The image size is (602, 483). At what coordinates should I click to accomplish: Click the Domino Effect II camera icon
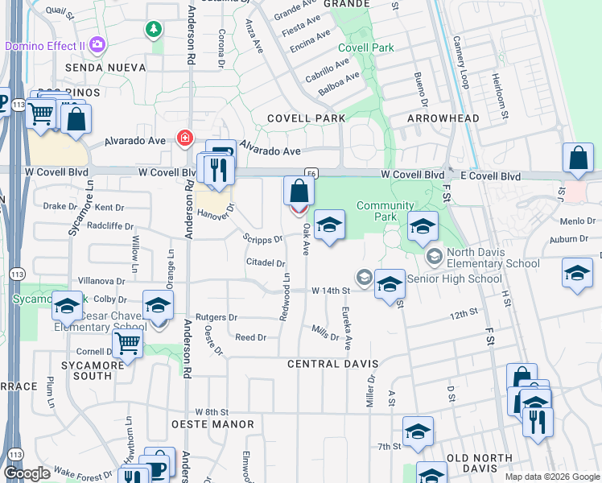click(x=98, y=45)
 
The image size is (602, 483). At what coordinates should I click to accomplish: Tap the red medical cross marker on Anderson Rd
click(x=185, y=138)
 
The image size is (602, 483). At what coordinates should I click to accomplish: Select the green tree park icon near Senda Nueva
click(x=153, y=30)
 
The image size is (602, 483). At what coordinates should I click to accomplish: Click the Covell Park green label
click(x=366, y=47)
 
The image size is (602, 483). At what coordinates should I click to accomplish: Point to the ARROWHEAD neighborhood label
click(x=443, y=118)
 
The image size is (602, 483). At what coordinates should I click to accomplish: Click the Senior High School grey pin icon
click(x=365, y=278)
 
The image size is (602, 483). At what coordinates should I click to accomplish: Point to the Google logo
click(x=27, y=473)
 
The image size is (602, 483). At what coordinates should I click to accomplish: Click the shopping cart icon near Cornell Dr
click(x=127, y=343)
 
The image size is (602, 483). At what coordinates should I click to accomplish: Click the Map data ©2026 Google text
click(x=552, y=477)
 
